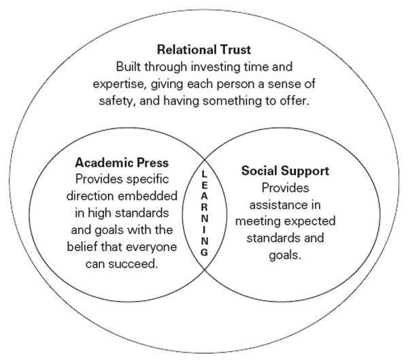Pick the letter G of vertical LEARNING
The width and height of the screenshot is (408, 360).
pyautogui.click(x=205, y=252)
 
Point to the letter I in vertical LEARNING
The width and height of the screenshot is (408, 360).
pyautogui.click(x=205, y=230)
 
